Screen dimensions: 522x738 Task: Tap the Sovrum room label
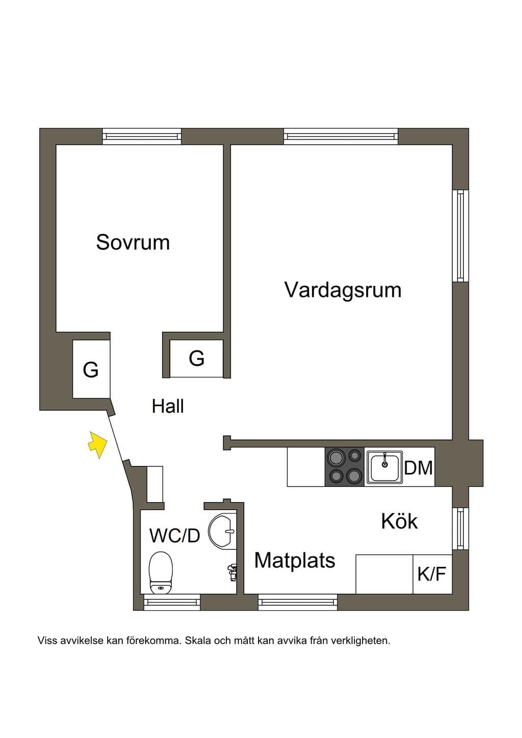pos(133,243)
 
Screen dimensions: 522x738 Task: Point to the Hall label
pos(168,406)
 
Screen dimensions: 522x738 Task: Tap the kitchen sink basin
pos(384,467)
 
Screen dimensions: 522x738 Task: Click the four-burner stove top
pos(345,466)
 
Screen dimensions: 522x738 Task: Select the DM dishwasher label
pos(418,468)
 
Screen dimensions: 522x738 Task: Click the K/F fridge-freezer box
pos(432,574)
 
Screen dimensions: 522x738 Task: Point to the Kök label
pos(400,521)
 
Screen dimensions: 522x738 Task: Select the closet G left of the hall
pos(91,370)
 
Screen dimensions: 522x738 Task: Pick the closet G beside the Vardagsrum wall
pos(196,358)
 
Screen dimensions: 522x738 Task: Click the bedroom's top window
pos(142,137)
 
